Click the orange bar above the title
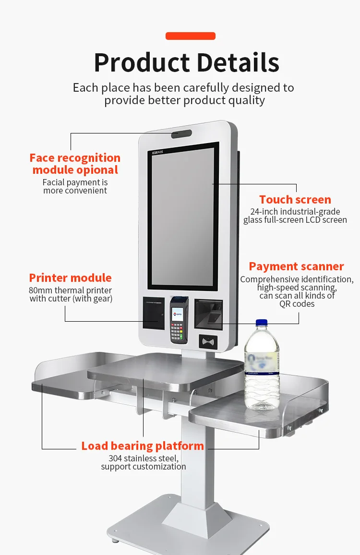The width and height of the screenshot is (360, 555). (x=190, y=36)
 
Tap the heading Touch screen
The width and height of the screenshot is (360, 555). (x=295, y=200)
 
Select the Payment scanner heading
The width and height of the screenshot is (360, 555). (x=296, y=266)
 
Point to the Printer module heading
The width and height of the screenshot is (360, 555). (x=70, y=278)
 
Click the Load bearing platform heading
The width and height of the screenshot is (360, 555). (x=143, y=446)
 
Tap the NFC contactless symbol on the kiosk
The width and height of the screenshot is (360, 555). (x=208, y=342)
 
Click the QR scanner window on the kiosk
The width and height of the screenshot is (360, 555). (x=209, y=315)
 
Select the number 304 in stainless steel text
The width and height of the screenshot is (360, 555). (x=115, y=458)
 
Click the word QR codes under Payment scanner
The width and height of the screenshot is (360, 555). (x=297, y=304)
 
